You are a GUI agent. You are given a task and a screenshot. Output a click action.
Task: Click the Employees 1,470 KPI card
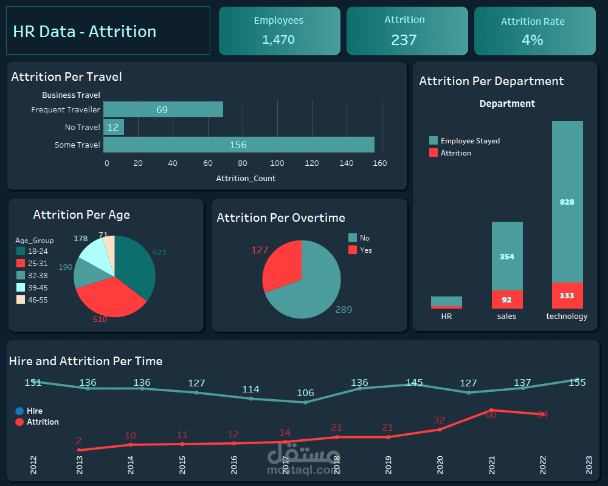click(279, 30)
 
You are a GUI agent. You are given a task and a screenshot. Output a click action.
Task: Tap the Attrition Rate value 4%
click(532, 40)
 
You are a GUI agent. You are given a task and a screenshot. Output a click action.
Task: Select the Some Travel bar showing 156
click(238, 145)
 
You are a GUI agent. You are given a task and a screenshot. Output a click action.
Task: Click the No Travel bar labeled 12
click(113, 127)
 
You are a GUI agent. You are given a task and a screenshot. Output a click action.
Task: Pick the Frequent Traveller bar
click(162, 109)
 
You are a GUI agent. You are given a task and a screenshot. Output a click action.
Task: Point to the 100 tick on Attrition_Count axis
click(277, 163)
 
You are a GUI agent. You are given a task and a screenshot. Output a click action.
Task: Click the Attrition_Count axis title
click(246, 178)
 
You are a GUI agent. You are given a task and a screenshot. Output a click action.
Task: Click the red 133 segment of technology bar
click(567, 295)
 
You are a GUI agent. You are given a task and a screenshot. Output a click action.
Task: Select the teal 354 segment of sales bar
click(506, 256)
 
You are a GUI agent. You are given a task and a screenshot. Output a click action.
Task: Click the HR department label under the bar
click(446, 316)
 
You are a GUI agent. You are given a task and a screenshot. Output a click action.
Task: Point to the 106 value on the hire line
click(305, 393)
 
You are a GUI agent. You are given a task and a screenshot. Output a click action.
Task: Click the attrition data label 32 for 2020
click(439, 420)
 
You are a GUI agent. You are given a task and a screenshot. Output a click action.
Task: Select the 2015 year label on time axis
click(182, 465)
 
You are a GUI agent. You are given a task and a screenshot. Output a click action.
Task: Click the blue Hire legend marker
click(19, 411)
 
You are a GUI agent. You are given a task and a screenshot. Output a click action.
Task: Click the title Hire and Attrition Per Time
click(86, 361)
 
